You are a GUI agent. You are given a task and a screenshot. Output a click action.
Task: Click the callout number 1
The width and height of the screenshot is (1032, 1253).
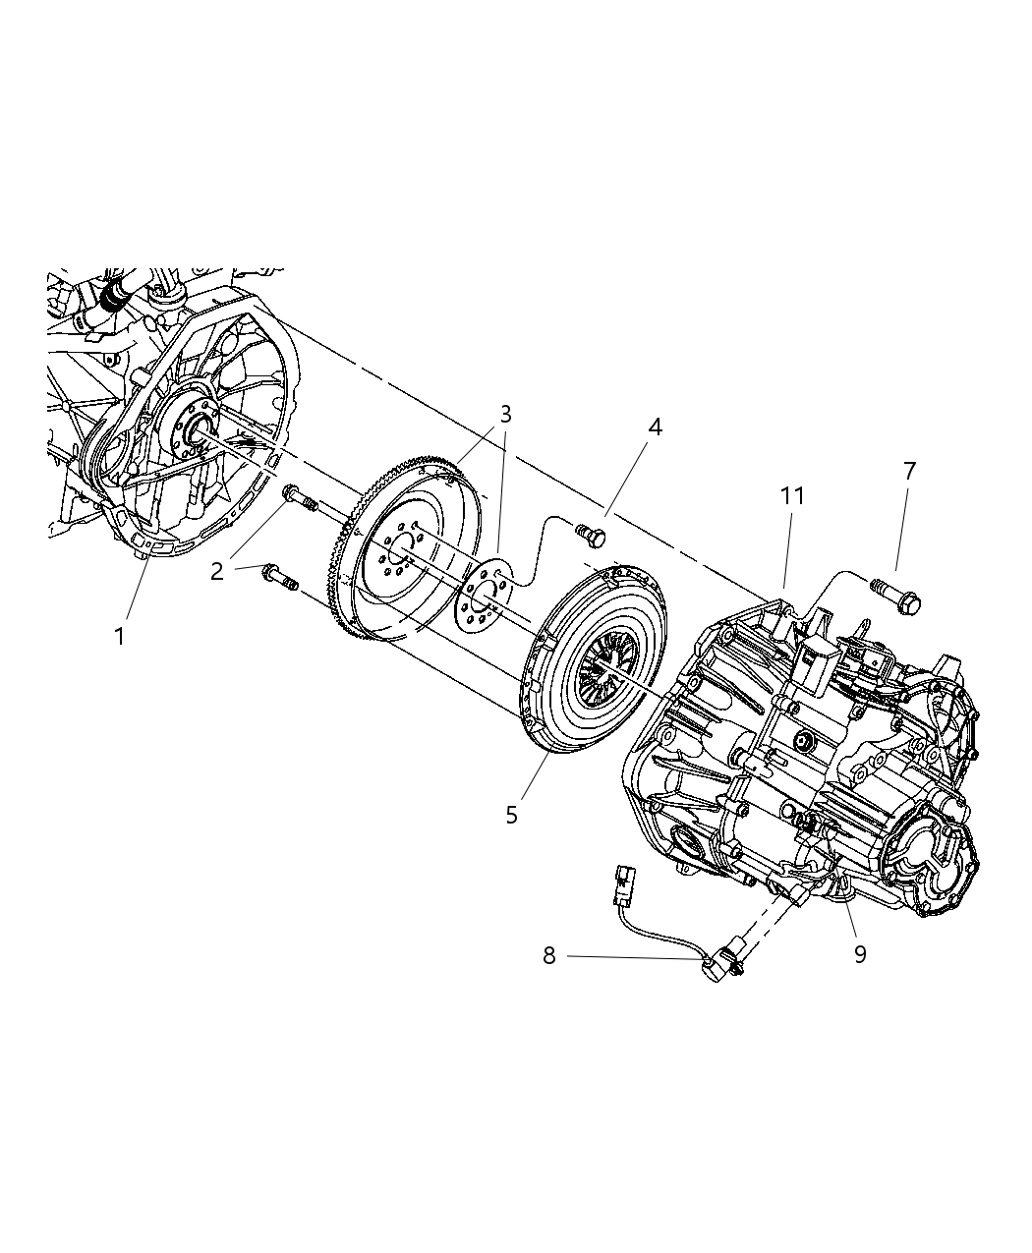(120, 637)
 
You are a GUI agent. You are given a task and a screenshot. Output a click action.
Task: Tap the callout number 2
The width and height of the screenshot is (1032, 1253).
(217, 570)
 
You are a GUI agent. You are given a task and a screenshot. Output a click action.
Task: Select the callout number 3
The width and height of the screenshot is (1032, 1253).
(505, 414)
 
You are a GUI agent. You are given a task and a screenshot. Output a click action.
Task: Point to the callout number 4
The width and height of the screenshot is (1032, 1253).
(655, 427)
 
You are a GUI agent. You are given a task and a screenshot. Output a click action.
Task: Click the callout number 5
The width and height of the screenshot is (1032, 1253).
(511, 815)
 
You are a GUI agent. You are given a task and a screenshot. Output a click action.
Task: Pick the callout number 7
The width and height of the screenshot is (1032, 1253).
(909, 472)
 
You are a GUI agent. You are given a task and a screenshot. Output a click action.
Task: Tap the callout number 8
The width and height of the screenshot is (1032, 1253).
(548, 955)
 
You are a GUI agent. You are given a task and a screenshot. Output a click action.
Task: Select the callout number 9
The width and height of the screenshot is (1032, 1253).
(860, 954)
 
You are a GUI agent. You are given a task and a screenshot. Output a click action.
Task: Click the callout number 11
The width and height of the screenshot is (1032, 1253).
(792, 496)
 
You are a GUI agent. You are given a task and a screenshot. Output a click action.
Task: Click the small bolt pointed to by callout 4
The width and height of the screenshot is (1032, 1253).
(592, 536)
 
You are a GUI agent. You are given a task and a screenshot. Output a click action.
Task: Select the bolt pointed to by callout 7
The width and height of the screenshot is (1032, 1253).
(893, 596)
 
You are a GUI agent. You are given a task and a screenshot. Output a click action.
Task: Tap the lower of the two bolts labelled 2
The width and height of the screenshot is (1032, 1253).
(280, 578)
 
